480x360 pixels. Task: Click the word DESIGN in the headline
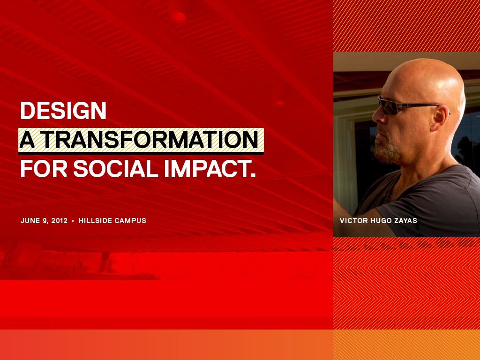click(63, 111)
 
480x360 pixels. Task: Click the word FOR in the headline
click(44, 169)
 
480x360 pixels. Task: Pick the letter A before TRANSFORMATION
click(27, 140)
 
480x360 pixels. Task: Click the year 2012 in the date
click(60, 221)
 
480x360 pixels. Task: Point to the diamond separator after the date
click(73, 221)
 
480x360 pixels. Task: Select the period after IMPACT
click(253, 175)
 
